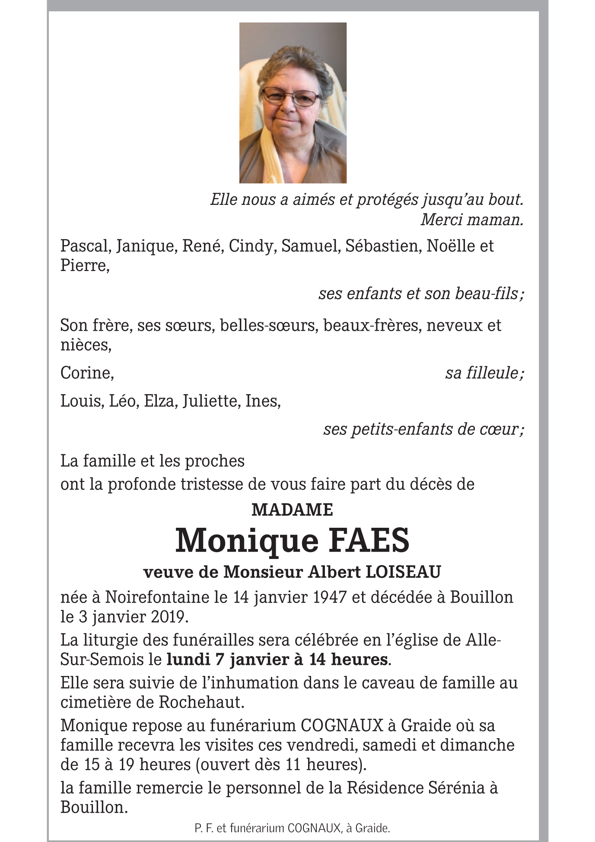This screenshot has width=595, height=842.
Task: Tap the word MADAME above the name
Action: tap(292, 510)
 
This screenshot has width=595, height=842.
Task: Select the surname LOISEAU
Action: tap(403, 572)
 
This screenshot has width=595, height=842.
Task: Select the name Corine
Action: tap(87, 373)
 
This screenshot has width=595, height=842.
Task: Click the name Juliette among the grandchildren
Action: tap(211, 401)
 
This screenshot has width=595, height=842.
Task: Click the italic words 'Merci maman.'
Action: tap(472, 220)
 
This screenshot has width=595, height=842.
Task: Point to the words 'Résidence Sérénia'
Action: tap(415, 788)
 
